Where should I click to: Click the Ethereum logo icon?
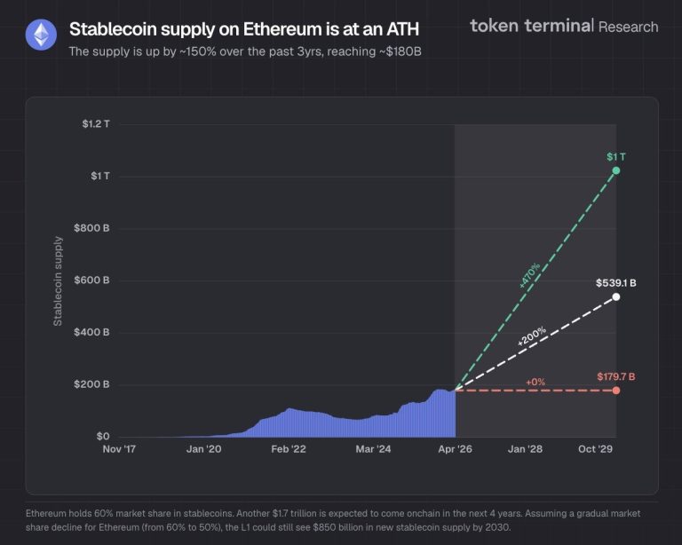40,36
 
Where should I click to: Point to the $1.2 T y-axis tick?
93,124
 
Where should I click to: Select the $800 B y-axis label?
91,229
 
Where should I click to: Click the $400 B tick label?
91,333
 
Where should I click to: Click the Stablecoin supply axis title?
58,280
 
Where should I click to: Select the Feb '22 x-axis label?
288,450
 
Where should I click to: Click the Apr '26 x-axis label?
455,450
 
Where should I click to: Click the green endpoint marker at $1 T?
616,170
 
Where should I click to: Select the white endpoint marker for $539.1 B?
616,296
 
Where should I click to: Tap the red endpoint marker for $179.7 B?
616,391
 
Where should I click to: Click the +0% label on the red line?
535,382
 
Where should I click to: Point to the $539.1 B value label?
615,283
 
